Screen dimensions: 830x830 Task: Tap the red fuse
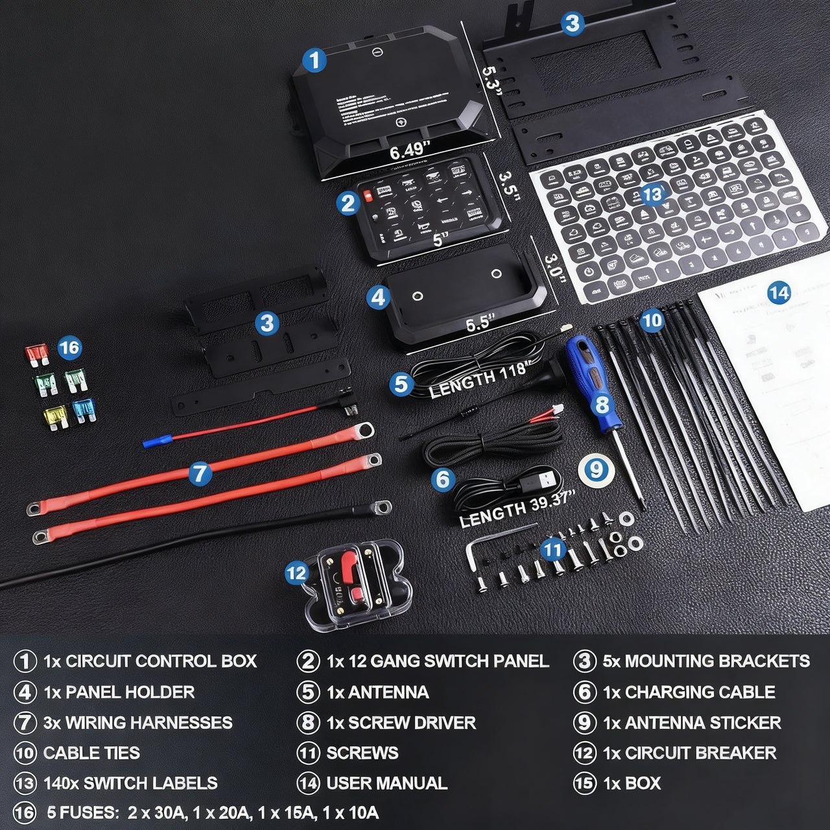36,354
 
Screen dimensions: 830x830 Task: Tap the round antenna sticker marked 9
596,467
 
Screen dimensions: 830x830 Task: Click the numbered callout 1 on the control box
314,61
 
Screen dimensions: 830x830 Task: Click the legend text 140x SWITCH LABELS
130,783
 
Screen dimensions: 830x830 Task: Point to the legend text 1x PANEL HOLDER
119,692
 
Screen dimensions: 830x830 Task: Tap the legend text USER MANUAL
386,783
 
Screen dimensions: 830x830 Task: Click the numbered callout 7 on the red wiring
200,473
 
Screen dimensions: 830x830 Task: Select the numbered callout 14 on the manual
779,293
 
